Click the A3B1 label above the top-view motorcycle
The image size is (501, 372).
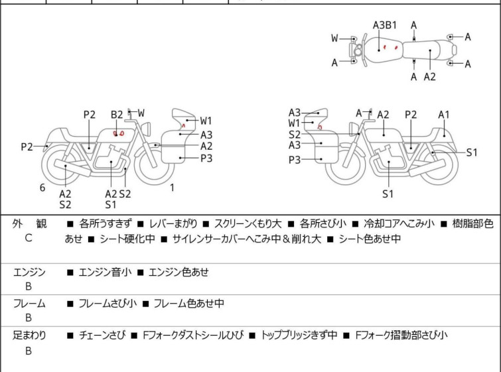(x=385, y=25)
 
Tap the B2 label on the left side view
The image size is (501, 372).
(x=117, y=115)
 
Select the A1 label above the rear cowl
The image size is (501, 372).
(x=444, y=115)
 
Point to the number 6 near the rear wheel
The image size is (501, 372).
(x=42, y=188)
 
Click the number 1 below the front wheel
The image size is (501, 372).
(x=173, y=188)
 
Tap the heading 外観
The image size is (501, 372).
(x=29, y=224)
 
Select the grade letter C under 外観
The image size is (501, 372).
(x=29, y=238)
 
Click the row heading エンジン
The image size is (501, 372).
(x=29, y=273)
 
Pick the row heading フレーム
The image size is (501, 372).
(x=29, y=303)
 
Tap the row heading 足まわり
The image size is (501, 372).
(x=29, y=336)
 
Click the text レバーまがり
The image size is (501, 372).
(x=173, y=224)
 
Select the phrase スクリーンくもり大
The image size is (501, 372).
(x=248, y=224)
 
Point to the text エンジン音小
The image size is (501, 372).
(x=105, y=273)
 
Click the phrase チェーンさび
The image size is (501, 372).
(x=102, y=336)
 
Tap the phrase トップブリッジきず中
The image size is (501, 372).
(x=299, y=336)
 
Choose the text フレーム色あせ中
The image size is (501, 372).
(x=189, y=303)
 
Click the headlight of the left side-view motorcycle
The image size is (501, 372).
(x=146, y=129)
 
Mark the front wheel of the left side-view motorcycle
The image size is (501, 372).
(x=155, y=164)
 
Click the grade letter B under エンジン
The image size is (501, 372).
(x=29, y=286)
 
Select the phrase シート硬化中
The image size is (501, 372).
(x=127, y=239)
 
